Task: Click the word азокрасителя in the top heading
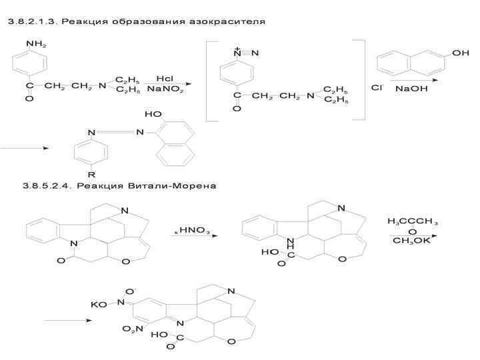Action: (x=227, y=22)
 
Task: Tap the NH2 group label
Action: (x=37, y=45)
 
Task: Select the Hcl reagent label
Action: (x=165, y=78)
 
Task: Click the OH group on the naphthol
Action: (x=460, y=53)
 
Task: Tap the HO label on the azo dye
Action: (x=153, y=115)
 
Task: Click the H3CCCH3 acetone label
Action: (x=411, y=221)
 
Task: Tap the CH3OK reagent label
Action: (x=411, y=241)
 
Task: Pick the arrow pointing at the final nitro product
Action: (x=67, y=321)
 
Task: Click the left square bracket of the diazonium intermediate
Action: (x=208, y=80)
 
